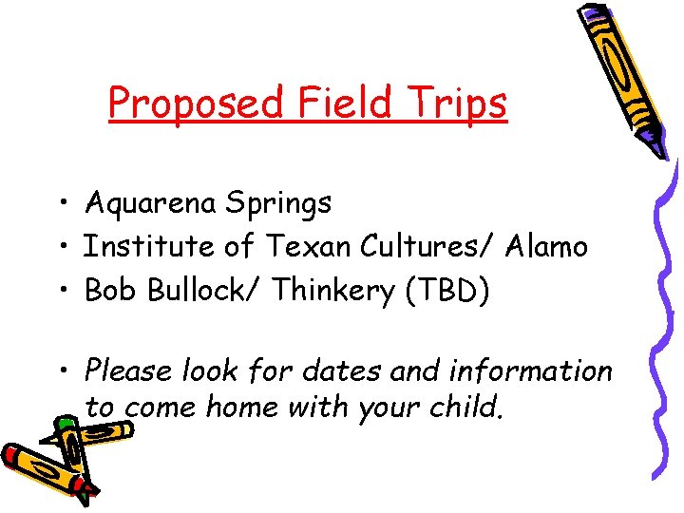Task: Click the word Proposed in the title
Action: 194,103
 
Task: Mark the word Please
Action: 127,370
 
